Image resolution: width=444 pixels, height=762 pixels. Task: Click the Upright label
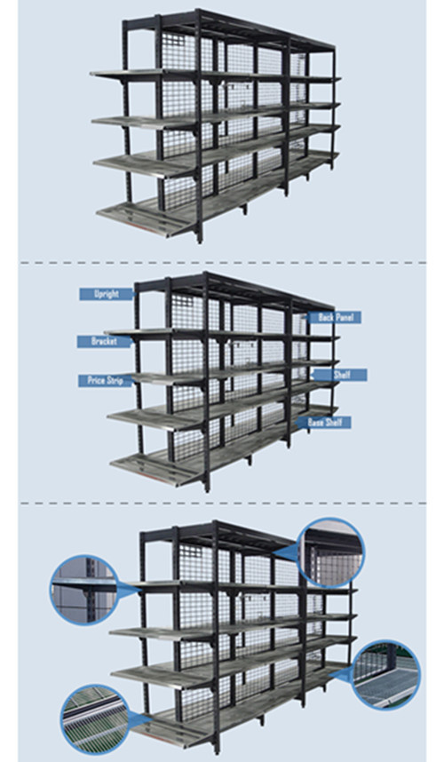coord(106,294)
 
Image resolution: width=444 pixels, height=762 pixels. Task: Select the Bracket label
coord(104,341)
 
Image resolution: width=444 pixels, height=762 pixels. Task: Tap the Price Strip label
coord(105,380)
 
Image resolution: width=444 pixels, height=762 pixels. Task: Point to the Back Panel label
coord(335,318)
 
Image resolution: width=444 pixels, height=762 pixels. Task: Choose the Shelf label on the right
coord(340,375)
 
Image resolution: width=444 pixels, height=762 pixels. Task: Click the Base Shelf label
coord(324,423)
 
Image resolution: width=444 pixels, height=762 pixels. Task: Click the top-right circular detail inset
coord(331,553)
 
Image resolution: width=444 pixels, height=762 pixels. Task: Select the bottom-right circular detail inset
coord(385,675)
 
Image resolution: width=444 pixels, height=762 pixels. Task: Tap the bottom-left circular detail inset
coord(96,719)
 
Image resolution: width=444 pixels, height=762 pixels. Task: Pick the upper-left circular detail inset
coord(84,590)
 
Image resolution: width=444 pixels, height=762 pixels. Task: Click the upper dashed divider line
coord(223,263)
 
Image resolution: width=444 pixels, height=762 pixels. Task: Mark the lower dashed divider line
coord(223,503)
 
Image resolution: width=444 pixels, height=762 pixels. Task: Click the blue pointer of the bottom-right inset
coord(344,673)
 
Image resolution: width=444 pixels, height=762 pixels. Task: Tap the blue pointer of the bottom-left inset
coord(139,719)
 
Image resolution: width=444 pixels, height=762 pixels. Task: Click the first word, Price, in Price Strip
coord(97,380)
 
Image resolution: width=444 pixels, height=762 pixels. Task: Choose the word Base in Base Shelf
coord(315,423)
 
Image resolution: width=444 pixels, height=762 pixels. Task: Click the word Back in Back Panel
coord(326,318)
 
